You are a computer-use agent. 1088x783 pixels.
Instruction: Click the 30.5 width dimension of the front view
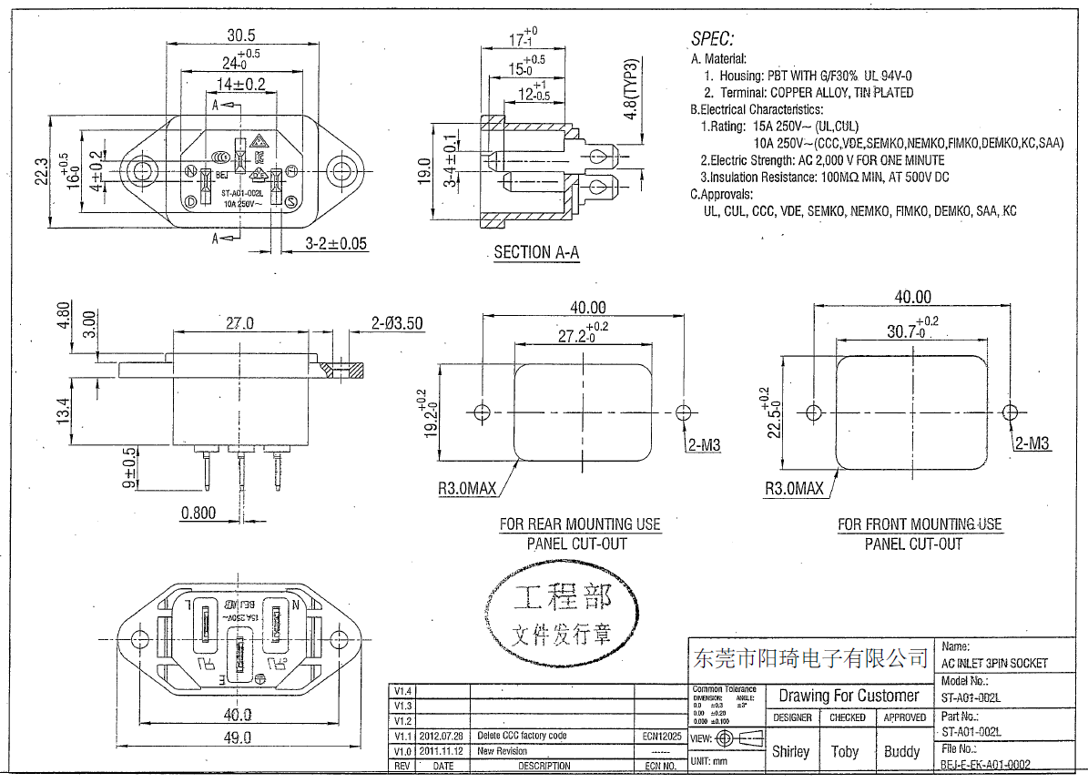pyautogui.click(x=240, y=36)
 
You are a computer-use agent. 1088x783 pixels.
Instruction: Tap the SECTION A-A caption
pyautogui.click(x=536, y=252)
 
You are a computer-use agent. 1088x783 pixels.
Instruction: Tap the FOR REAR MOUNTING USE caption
pyautogui.click(x=580, y=524)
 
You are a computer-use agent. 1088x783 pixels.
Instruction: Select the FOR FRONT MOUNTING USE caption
pyautogui.click(x=920, y=524)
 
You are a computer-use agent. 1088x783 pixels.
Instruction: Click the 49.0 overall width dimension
pyautogui.click(x=239, y=738)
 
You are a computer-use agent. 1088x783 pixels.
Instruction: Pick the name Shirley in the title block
pyautogui.click(x=790, y=752)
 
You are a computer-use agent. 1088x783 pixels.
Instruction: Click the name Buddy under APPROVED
pyautogui.click(x=901, y=752)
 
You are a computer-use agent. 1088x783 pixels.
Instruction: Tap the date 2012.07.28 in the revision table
pyautogui.click(x=442, y=736)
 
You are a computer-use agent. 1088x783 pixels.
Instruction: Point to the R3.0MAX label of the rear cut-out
pyautogui.click(x=467, y=489)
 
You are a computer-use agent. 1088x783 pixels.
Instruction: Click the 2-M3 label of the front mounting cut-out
pyautogui.click(x=1032, y=443)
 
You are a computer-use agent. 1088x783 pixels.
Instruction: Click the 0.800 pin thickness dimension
pyautogui.click(x=198, y=513)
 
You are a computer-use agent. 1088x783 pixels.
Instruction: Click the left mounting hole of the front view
pyautogui.click(x=140, y=170)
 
